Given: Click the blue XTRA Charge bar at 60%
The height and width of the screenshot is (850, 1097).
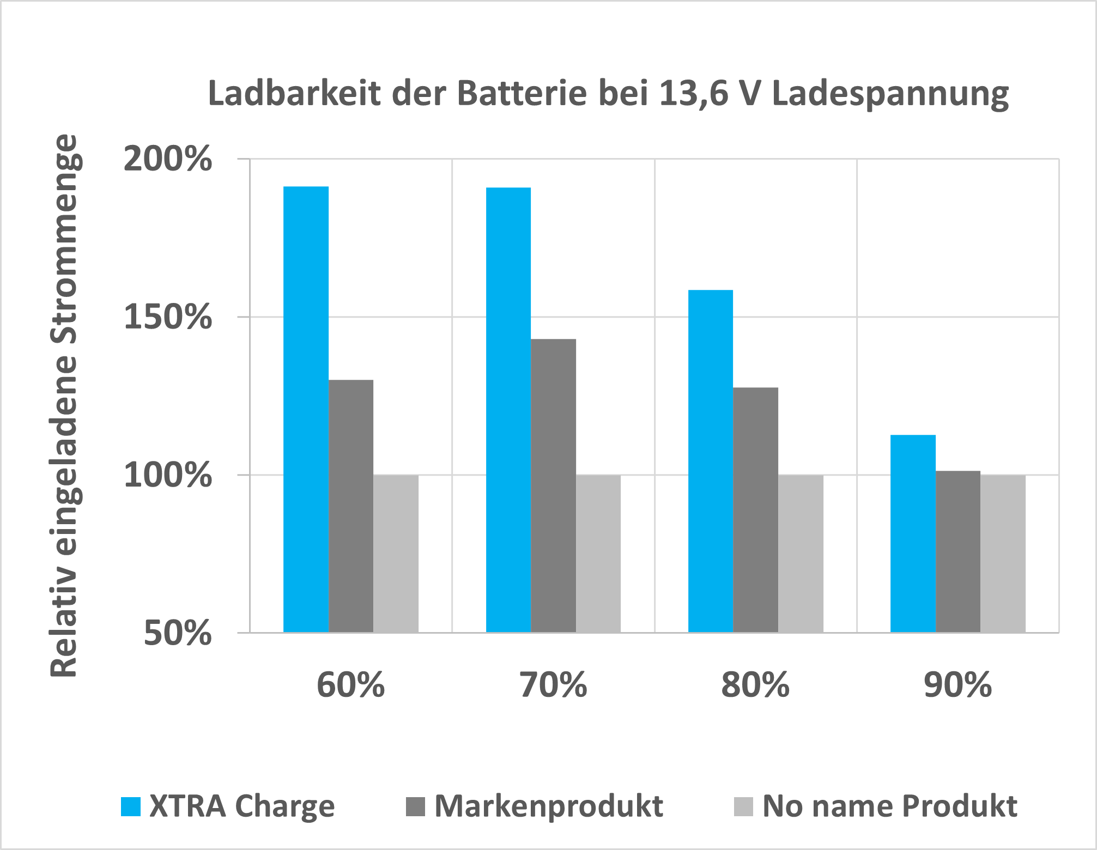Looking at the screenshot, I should pos(306,409).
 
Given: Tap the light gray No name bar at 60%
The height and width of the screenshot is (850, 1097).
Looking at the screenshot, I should pos(396,553).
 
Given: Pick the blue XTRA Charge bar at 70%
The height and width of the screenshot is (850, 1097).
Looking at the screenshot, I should pos(508,409).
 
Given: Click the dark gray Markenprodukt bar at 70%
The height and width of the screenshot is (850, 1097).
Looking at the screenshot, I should pos(553,485).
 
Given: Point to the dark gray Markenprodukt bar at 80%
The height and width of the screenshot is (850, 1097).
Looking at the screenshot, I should pos(755,509).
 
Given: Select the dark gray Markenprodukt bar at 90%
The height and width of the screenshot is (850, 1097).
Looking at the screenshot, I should pos(957,551).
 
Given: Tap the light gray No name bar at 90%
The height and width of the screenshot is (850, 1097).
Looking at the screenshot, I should pos(1003,553).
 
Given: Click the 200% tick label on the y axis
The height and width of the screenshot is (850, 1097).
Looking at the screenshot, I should pos(167,159).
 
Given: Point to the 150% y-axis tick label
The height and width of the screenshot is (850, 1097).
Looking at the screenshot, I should pos(167,317).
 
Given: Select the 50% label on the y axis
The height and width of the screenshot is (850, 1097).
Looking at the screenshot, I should pos(177,633).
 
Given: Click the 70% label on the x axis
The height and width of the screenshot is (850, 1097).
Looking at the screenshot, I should pos(553,684).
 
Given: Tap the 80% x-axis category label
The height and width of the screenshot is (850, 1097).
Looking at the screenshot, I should pos(755,684).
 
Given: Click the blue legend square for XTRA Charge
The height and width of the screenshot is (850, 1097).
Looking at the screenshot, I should pos(131,806).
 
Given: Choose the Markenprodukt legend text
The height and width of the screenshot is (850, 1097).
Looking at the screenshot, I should pos(548,806).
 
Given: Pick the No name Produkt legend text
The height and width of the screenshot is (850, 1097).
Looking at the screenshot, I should pos(889,806).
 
